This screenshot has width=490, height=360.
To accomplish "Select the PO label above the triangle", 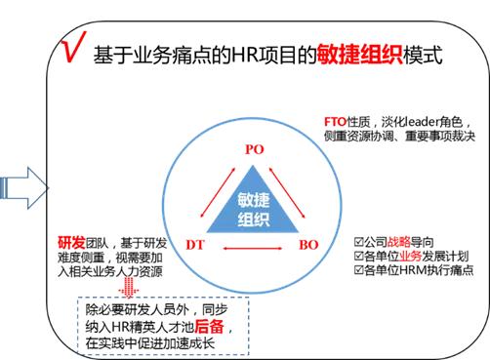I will pyautogui.click(x=253, y=149).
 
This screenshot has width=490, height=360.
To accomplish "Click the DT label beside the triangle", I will pyautogui.click(x=196, y=244).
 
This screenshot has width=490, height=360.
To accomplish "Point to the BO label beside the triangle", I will pyautogui.click(x=309, y=244).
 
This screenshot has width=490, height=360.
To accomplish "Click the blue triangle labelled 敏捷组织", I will pyautogui.click(x=253, y=207).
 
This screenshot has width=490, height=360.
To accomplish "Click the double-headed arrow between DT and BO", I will pyautogui.click(x=252, y=249).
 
